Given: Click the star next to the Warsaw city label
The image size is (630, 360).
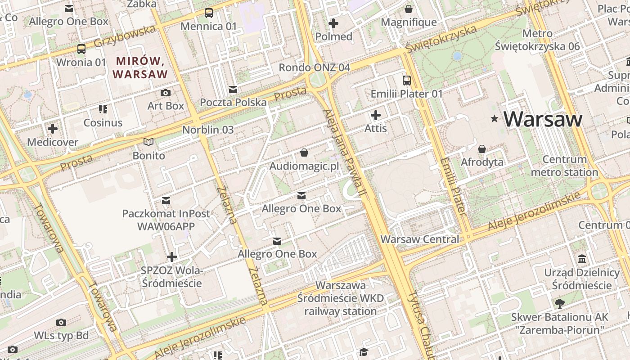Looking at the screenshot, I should (495, 119).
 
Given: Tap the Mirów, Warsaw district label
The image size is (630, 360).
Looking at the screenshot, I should (140, 67).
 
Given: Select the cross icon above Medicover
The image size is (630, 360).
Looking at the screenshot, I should (53, 129).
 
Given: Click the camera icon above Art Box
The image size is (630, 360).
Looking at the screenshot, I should (166, 93).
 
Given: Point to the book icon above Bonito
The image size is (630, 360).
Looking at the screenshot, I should (148, 142).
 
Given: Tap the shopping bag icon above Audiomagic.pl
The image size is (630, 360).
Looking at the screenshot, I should (304, 153).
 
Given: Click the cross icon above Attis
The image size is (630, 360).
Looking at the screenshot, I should (375, 115).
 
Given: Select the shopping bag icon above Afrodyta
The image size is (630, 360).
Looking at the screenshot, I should (482, 148).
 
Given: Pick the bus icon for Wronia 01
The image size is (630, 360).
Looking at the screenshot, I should (81, 49).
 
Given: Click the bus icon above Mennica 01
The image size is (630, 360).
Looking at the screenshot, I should (208, 13).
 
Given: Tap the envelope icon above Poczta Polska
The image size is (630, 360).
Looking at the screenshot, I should (233, 90).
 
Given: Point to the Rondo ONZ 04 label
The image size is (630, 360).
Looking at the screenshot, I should (314, 67).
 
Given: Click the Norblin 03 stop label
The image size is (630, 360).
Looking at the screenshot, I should (208, 130).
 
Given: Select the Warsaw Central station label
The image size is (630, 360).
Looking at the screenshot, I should (420, 239).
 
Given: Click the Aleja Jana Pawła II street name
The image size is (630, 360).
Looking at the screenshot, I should (345, 153).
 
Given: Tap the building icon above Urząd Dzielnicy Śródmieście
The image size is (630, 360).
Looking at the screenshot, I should (582, 259).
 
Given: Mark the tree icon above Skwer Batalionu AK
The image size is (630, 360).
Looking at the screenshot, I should (559, 304).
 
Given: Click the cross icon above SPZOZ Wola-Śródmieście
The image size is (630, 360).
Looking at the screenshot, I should (171, 257).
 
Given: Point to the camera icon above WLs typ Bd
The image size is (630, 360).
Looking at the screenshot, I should (61, 322).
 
